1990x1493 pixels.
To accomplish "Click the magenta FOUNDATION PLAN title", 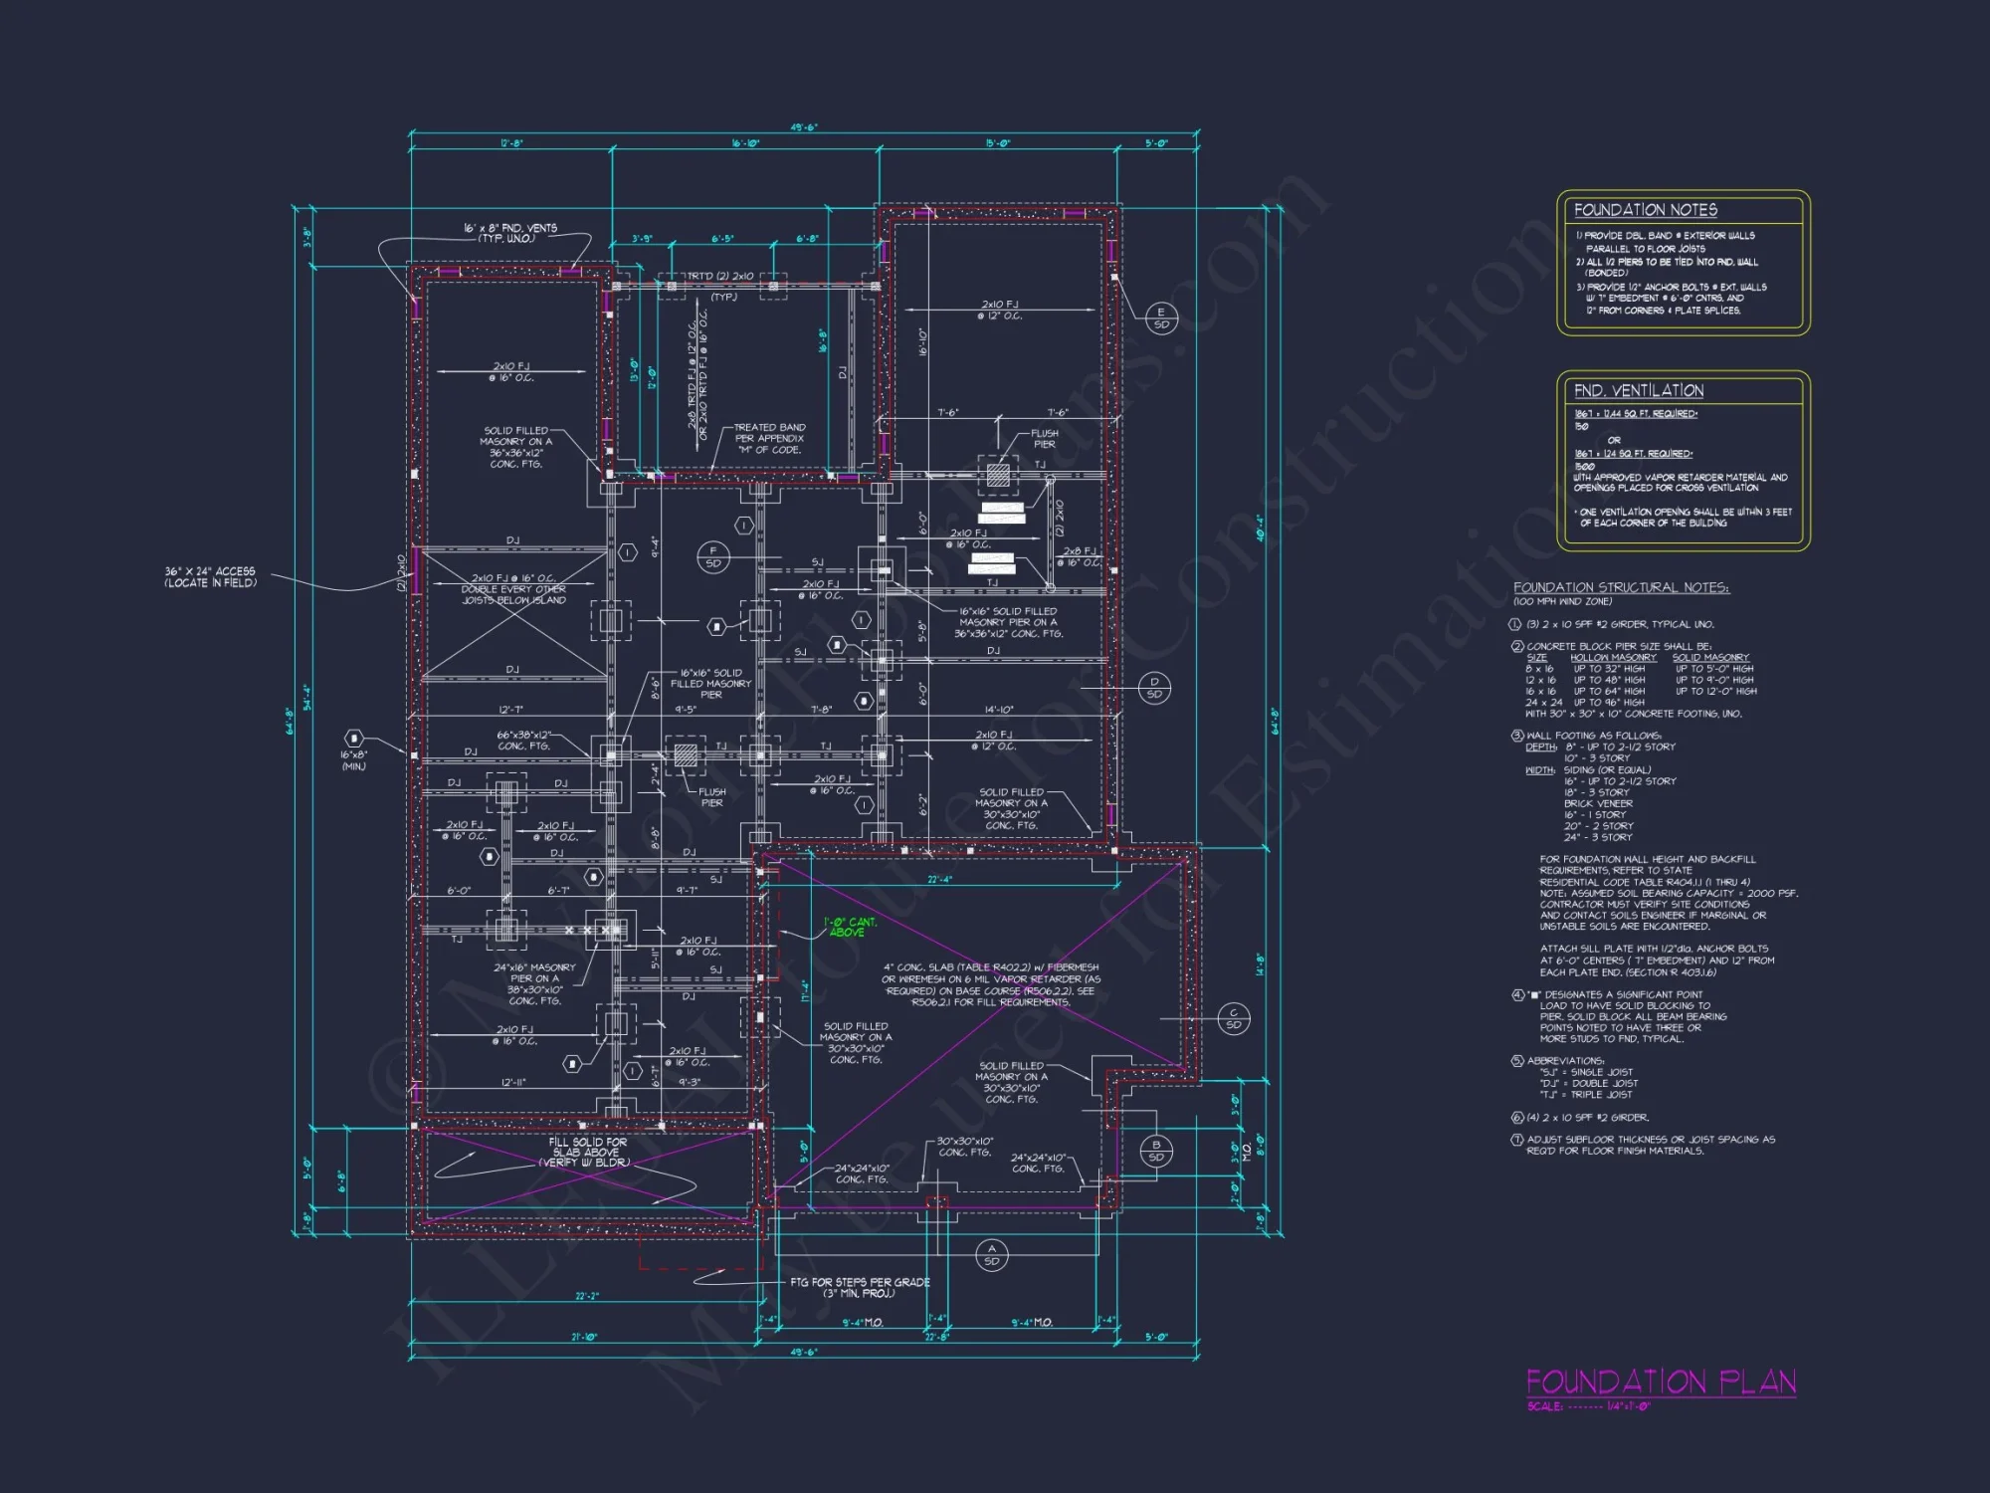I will (1661, 1382).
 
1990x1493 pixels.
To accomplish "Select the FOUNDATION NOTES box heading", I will (1645, 210).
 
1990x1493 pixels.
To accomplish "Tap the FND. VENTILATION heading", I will (1638, 391).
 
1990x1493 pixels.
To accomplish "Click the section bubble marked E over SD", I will (1161, 319).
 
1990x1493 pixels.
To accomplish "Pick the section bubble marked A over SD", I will (991, 1255).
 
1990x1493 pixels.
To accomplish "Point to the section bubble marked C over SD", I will (1233, 1018).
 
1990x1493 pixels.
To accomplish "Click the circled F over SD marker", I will (712, 556).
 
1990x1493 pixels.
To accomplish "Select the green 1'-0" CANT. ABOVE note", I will (850, 927).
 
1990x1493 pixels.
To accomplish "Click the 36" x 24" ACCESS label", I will (210, 576).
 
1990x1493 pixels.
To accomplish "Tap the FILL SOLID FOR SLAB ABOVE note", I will (587, 1152).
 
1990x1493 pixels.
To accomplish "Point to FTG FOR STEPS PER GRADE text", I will (860, 1287).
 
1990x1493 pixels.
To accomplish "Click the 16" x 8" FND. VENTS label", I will (509, 233).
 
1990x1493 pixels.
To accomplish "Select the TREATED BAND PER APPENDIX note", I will (769, 438).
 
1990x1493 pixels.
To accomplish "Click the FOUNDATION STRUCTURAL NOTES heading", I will (1621, 587).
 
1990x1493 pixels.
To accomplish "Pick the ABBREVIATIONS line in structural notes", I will (1566, 1060).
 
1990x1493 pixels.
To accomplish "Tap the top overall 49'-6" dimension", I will (804, 127).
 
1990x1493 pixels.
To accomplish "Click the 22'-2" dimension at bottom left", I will (587, 1296).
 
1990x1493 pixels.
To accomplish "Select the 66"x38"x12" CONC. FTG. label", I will (523, 740).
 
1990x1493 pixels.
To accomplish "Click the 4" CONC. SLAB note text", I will (991, 984).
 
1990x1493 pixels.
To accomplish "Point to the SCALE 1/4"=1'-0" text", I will (1588, 1406).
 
